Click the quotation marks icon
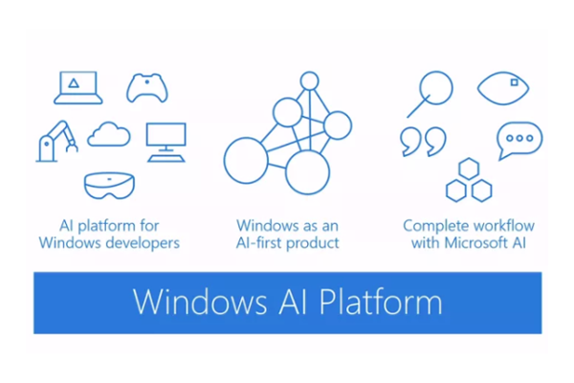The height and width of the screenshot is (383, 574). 423,142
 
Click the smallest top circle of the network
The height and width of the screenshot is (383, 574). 309,72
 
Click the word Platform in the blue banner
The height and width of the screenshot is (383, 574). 381,302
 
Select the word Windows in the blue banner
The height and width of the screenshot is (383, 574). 200,302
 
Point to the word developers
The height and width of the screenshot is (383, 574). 143,243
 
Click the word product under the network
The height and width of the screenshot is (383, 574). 313,243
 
